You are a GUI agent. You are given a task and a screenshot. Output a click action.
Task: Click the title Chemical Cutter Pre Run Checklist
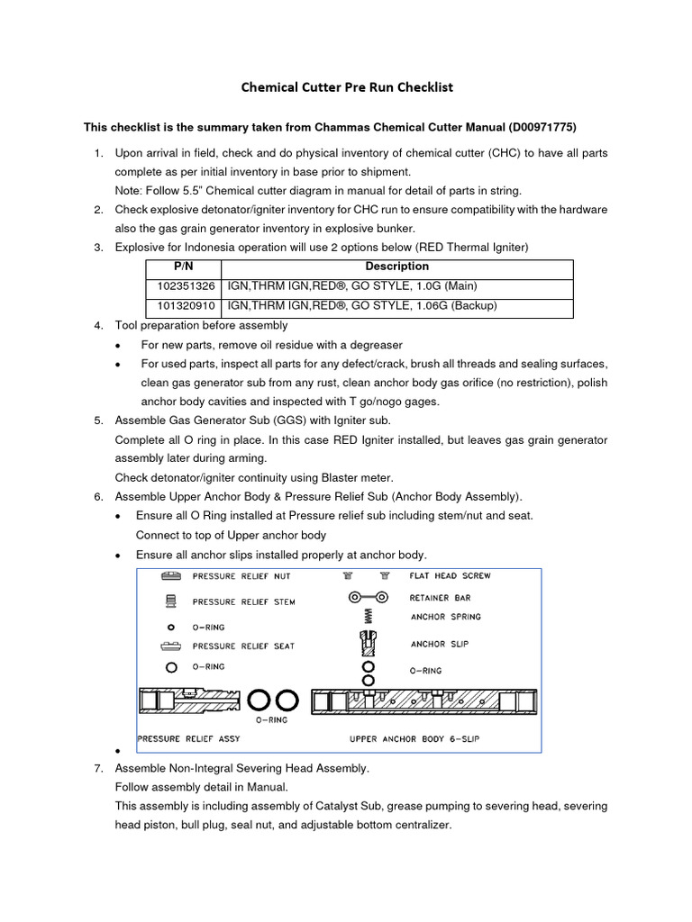[346, 87]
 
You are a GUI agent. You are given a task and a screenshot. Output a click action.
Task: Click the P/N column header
[183, 267]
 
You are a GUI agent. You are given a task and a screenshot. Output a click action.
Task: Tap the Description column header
[396, 267]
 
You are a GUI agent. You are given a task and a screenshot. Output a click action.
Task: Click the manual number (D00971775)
[533, 127]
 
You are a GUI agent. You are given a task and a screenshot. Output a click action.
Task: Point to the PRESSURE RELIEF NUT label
[241, 576]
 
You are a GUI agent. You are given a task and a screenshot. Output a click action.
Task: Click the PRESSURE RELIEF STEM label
[242, 601]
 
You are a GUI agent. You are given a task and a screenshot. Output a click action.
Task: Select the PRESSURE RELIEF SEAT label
[242, 646]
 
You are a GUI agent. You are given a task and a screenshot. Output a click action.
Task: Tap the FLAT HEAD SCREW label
[450, 575]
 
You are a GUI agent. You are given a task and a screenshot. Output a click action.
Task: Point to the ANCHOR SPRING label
[445, 617]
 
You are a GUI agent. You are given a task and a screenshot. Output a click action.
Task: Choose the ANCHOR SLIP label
[440, 644]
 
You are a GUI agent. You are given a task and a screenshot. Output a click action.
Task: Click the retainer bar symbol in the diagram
[369, 597]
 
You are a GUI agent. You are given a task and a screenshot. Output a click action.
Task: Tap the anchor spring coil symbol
[368, 617]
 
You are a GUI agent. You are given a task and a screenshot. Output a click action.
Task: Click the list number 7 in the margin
[99, 768]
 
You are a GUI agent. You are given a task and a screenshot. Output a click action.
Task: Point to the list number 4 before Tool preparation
[99, 325]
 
